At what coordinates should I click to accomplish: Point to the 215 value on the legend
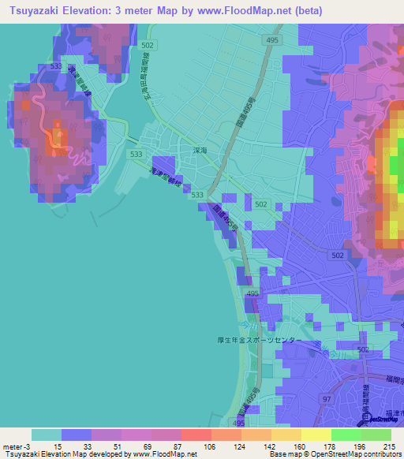388,447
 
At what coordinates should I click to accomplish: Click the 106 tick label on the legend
187,447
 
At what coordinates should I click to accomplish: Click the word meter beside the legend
13,447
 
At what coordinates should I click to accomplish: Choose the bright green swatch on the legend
346,435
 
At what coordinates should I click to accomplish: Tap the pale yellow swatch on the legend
316,435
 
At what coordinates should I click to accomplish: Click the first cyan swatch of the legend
47,435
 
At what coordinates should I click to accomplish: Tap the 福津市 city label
394,412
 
